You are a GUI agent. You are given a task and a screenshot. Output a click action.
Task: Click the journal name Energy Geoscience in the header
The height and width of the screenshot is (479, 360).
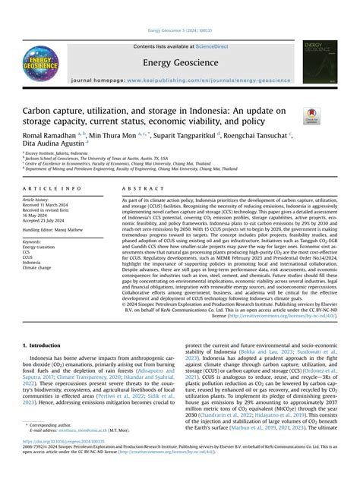[x=179, y=62]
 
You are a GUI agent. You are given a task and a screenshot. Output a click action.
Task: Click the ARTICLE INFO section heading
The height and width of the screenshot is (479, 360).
[x=52, y=188]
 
